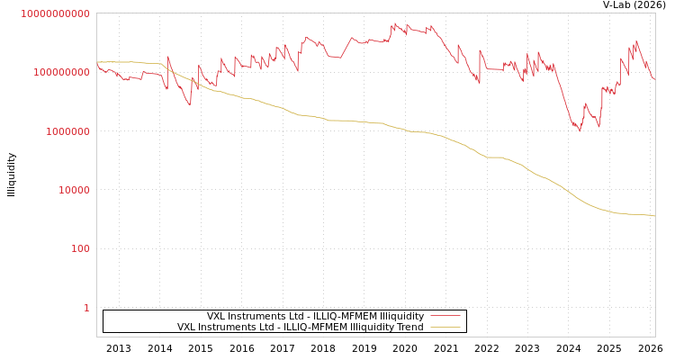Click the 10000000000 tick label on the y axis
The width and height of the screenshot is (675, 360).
click(x=55, y=13)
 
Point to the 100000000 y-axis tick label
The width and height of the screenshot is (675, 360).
click(x=61, y=72)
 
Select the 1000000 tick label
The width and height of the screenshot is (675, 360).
click(x=67, y=131)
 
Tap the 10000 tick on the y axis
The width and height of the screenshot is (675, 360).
click(x=73, y=190)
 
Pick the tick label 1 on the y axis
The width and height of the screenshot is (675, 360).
click(x=86, y=308)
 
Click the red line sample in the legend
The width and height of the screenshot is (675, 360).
click(x=445, y=316)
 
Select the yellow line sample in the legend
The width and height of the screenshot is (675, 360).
click(x=445, y=327)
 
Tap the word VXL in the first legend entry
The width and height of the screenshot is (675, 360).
click(x=217, y=316)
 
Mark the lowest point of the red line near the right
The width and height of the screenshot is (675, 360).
click(x=579, y=131)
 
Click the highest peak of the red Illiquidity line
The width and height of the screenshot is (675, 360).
click(x=393, y=23)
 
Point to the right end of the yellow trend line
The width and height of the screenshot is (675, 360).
click(x=654, y=216)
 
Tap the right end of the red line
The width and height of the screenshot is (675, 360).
click(x=654, y=80)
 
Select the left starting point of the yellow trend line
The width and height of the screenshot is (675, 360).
click(x=97, y=62)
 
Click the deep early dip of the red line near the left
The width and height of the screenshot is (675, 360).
click(x=190, y=105)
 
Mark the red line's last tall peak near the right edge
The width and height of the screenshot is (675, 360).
click(x=636, y=40)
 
